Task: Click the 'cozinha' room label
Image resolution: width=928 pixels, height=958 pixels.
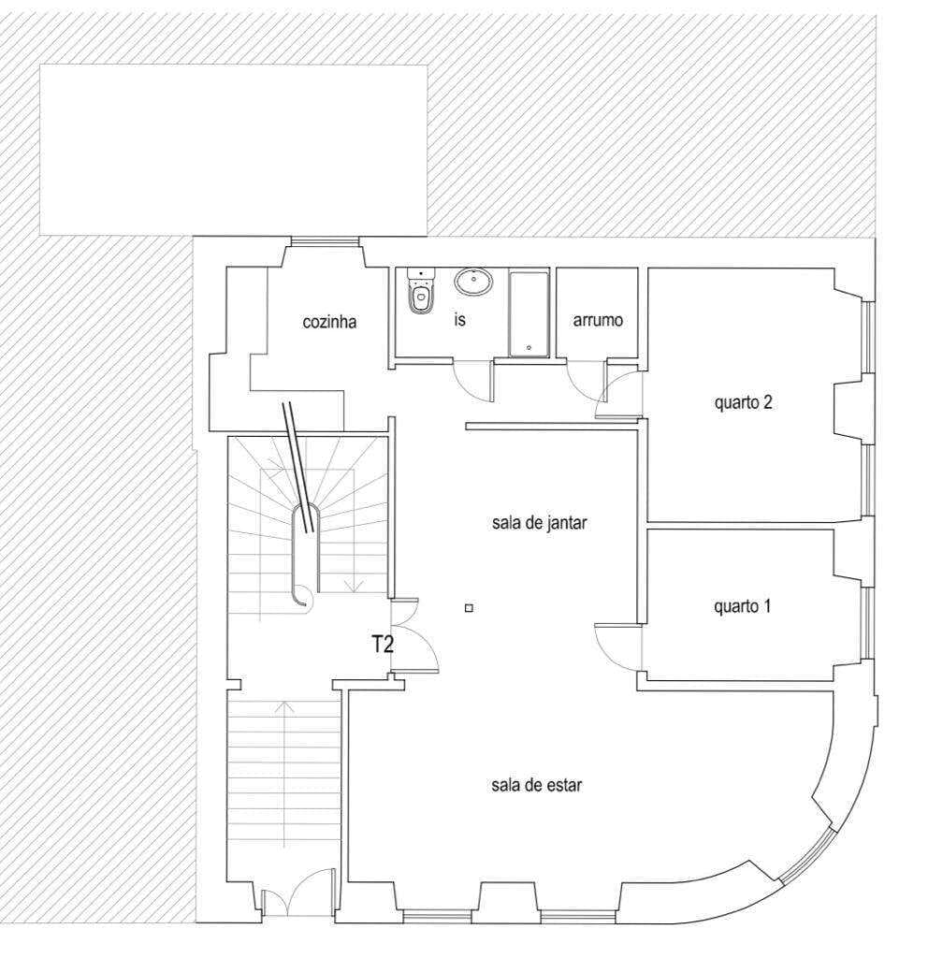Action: (329, 322)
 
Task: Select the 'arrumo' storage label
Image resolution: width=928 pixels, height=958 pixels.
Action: (598, 320)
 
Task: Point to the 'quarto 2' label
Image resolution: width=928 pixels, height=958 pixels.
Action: (743, 402)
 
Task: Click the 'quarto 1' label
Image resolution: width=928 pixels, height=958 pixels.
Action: (742, 606)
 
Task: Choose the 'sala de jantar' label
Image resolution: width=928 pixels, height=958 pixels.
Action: (540, 523)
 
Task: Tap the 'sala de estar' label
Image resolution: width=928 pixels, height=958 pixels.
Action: (536, 785)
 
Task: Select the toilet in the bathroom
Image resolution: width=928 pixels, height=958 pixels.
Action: (420, 291)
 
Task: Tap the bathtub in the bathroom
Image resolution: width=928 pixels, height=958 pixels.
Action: (529, 314)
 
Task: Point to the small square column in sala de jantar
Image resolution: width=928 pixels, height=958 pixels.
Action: (469, 608)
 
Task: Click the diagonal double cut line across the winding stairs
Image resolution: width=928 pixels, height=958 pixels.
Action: (298, 468)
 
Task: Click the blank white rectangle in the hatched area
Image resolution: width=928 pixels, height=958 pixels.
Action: (233, 150)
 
